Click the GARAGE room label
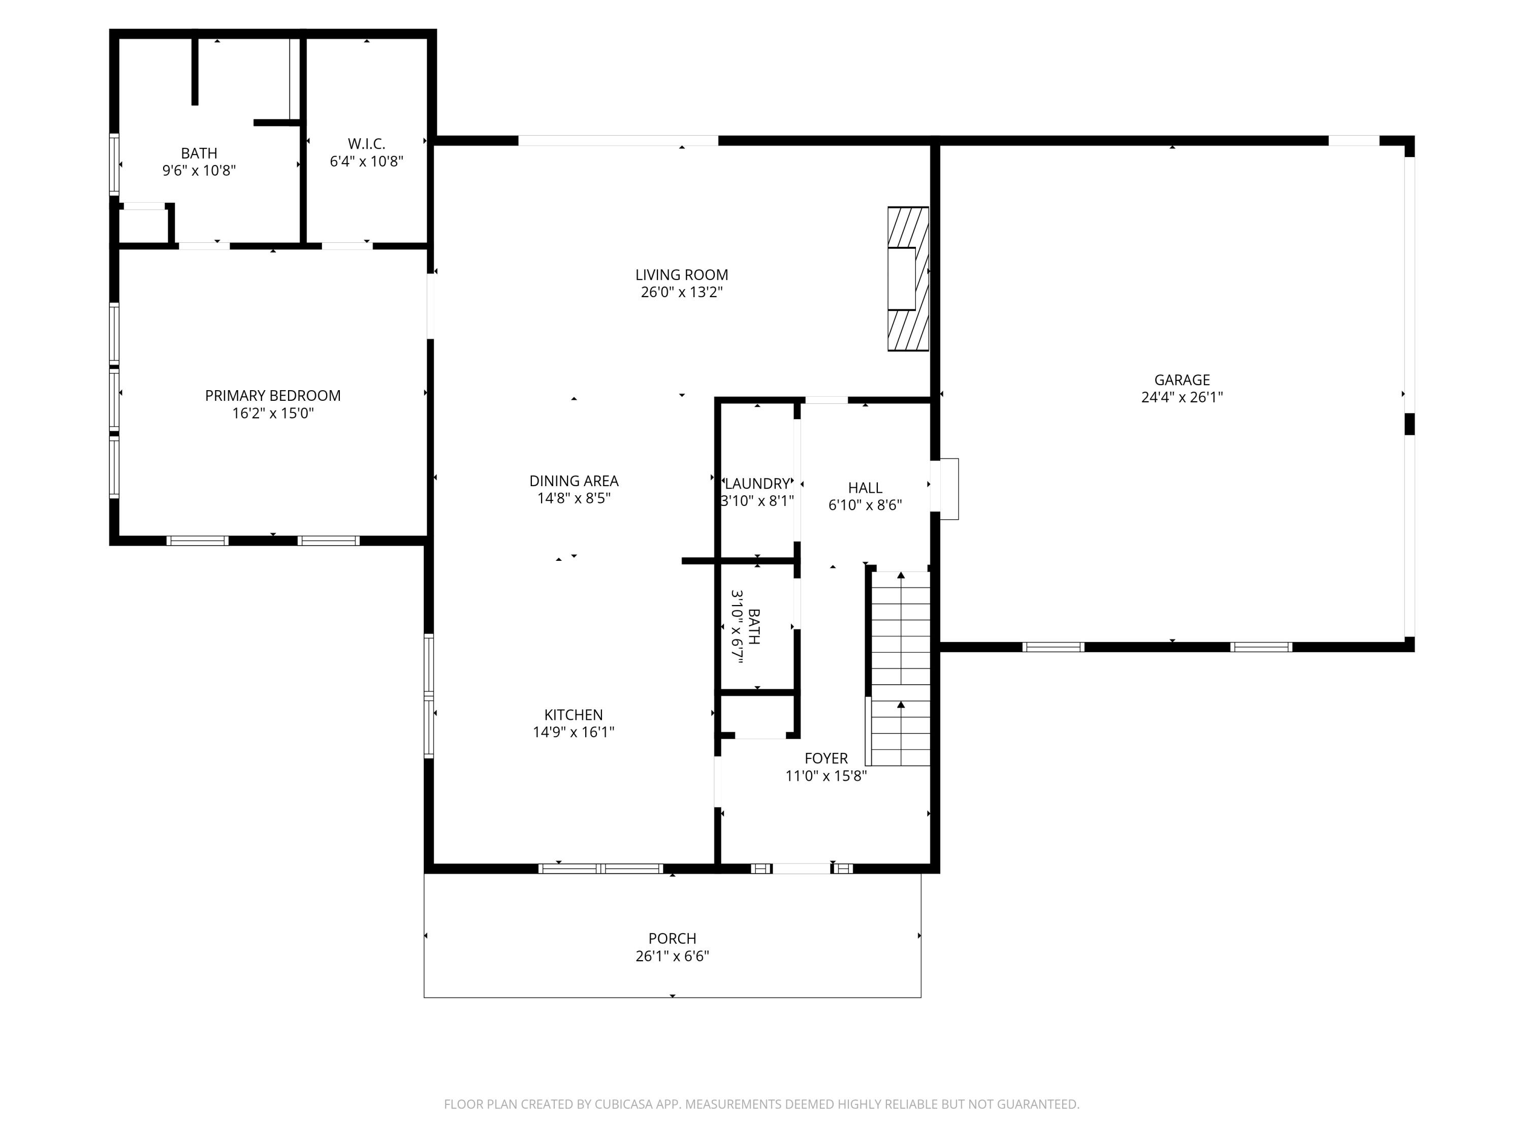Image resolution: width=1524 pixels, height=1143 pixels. [x=1182, y=379]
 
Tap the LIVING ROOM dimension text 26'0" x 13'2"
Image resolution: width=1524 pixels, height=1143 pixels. [x=681, y=292]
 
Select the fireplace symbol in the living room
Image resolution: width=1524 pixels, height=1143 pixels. [x=907, y=279]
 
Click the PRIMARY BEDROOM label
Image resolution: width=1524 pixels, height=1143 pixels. [x=273, y=395]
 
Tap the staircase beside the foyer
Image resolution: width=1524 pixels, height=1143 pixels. [x=901, y=669]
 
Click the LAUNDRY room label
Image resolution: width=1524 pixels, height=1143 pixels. [x=757, y=484]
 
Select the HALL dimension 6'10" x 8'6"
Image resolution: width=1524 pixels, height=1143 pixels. [x=865, y=505]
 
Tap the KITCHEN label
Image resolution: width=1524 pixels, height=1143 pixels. [x=573, y=714]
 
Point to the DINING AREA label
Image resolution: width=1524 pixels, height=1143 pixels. [x=573, y=481]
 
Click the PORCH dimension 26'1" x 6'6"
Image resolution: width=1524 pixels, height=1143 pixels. [x=672, y=956]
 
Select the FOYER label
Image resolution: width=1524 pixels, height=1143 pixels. [x=825, y=758]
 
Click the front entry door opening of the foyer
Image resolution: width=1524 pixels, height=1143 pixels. [x=801, y=868]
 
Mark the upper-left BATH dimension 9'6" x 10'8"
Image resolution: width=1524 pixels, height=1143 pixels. [x=199, y=171]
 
